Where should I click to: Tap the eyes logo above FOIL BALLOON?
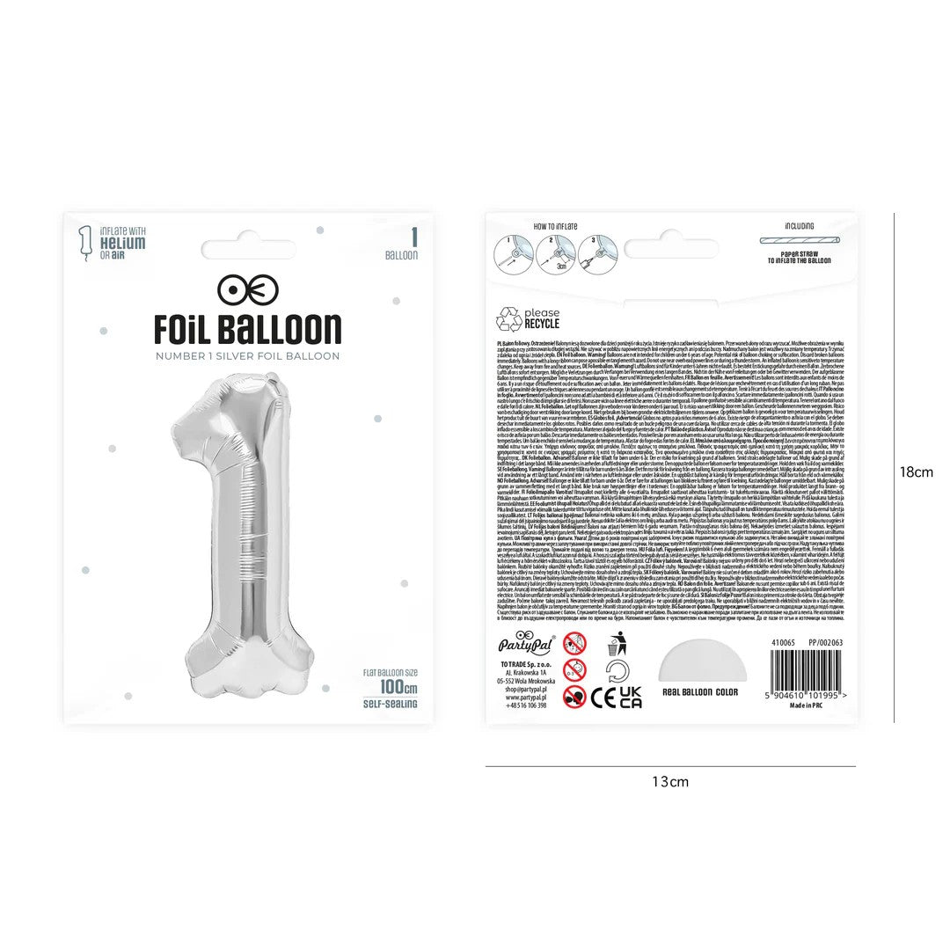click(x=248, y=289)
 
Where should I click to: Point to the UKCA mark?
click(x=630, y=698)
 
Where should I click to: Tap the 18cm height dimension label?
click(x=916, y=472)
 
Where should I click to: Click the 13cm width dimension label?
click(x=670, y=781)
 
